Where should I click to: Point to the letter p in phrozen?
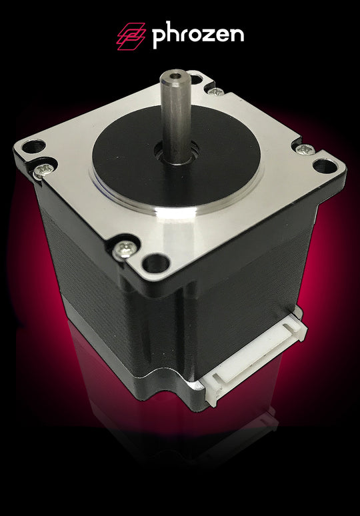click(x=158, y=38)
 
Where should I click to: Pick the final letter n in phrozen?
click(x=236, y=36)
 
